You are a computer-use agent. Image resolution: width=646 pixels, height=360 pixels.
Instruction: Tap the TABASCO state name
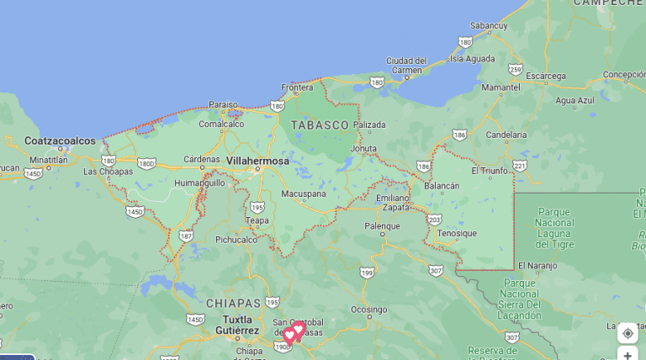[320, 124]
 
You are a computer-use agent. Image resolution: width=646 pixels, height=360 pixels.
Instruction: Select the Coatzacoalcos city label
[60, 140]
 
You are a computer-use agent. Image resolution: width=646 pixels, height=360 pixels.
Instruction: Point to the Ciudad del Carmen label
[407, 66]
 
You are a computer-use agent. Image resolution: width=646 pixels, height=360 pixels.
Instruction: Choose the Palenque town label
[382, 226]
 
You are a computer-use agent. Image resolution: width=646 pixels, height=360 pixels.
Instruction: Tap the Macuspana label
[303, 193]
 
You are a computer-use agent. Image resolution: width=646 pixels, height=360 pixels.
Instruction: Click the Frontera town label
[297, 87]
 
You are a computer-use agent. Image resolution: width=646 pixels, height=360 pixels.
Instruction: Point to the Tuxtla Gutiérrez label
[232, 326]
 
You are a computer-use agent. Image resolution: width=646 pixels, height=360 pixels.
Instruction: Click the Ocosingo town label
[368, 310]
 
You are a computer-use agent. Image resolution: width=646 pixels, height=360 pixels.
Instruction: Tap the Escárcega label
[546, 76]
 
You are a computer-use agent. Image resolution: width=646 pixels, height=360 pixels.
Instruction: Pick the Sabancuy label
[490, 26]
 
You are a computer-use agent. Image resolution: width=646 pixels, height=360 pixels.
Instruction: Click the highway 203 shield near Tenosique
[434, 220]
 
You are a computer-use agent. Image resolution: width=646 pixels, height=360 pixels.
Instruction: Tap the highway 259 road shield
[516, 69]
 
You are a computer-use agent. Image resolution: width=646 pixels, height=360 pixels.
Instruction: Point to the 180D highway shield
[147, 163]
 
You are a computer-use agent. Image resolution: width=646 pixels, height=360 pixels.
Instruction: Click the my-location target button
[627, 333]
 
